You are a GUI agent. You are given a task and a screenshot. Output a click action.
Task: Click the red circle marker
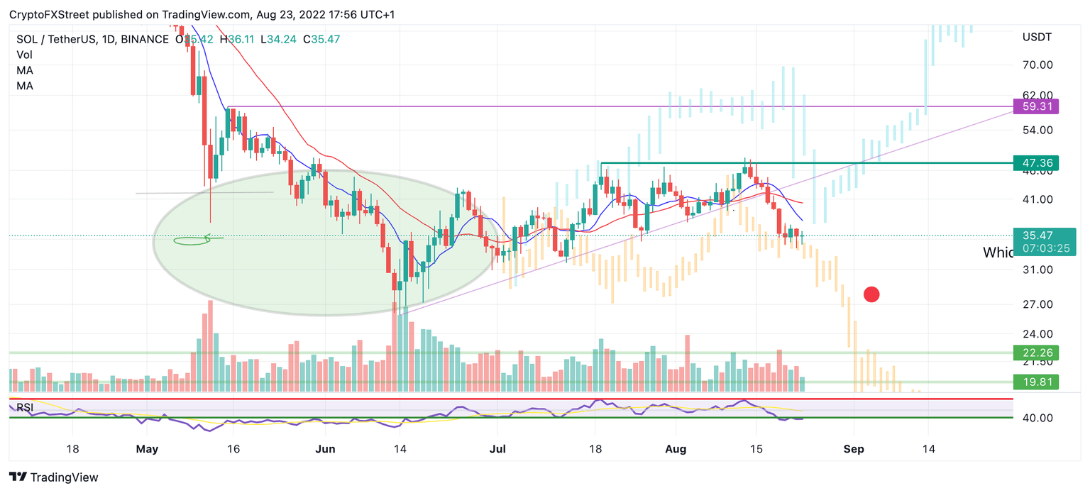click(x=871, y=294)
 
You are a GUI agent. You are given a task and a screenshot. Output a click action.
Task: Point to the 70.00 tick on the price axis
click(x=1037, y=65)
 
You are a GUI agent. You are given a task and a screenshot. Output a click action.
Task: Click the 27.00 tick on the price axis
click(x=1037, y=304)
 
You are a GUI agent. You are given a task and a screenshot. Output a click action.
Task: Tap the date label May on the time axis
click(x=146, y=449)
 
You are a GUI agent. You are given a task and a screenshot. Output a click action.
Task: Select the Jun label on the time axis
click(x=325, y=449)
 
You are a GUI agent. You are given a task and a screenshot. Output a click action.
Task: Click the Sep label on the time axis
click(x=854, y=449)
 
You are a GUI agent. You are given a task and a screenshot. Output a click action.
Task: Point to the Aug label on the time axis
click(x=677, y=449)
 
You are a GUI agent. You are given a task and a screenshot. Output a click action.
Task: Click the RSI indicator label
click(x=25, y=407)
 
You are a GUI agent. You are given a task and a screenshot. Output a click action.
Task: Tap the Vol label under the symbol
click(x=24, y=55)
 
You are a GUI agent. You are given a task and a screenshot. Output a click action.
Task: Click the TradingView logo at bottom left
click(x=54, y=477)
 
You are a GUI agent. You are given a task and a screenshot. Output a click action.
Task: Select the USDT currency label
click(x=1037, y=36)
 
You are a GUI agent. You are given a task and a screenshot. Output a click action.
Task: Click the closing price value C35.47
click(x=321, y=39)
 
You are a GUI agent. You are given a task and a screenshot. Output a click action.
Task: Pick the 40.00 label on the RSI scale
click(x=1037, y=418)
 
